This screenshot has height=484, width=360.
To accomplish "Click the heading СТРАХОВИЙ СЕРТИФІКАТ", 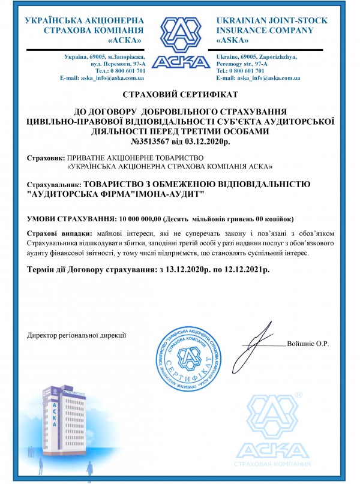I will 180,95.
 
